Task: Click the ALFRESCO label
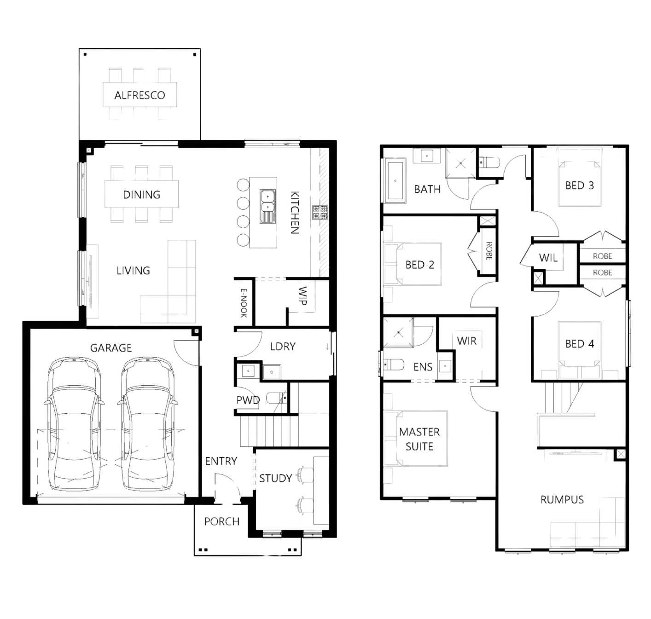point(139,96)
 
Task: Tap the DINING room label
point(141,195)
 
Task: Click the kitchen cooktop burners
point(320,212)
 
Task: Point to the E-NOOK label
point(244,303)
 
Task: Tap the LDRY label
point(283,346)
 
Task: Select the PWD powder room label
point(248,400)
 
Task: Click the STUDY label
point(275,478)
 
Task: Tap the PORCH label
point(222,521)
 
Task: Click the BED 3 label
point(579,185)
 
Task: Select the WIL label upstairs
point(548,258)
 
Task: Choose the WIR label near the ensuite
point(466,341)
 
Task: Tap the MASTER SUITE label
point(419,439)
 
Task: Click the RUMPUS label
point(562,499)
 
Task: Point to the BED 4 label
point(579,344)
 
